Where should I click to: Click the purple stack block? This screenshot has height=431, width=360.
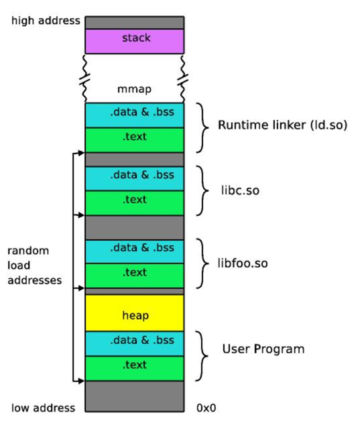click(x=135, y=42)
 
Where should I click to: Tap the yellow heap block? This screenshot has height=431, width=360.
click(x=135, y=313)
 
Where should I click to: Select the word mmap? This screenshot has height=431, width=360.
click(x=134, y=89)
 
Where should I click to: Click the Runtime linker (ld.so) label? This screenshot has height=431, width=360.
click(x=282, y=125)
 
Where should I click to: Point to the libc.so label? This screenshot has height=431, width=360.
click(x=240, y=190)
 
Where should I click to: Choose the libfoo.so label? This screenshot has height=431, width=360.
click(x=243, y=263)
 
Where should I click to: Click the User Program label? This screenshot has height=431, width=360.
click(x=263, y=349)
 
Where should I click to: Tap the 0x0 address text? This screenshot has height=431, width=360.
click(x=206, y=408)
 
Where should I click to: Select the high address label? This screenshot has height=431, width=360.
click(x=46, y=21)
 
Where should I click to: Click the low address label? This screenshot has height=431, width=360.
click(x=43, y=408)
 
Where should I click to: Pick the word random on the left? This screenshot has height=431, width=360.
click(x=28, y=251)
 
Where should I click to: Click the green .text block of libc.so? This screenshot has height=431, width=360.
click(x=135, y=203)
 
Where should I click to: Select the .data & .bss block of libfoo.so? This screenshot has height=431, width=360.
click(x=135, y=251)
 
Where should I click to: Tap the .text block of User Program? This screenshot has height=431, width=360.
click(x=135, y=369)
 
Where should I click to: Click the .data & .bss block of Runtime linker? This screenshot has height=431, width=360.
click(x=135, y=115)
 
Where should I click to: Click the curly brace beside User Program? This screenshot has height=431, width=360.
click(x=202, y=356)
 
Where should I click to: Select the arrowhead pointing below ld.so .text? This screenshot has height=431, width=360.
click(x=81, y=153)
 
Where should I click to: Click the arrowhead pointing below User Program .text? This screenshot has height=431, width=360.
click(x=81, y=381)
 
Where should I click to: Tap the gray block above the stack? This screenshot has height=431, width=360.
click(x=135, y=23)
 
